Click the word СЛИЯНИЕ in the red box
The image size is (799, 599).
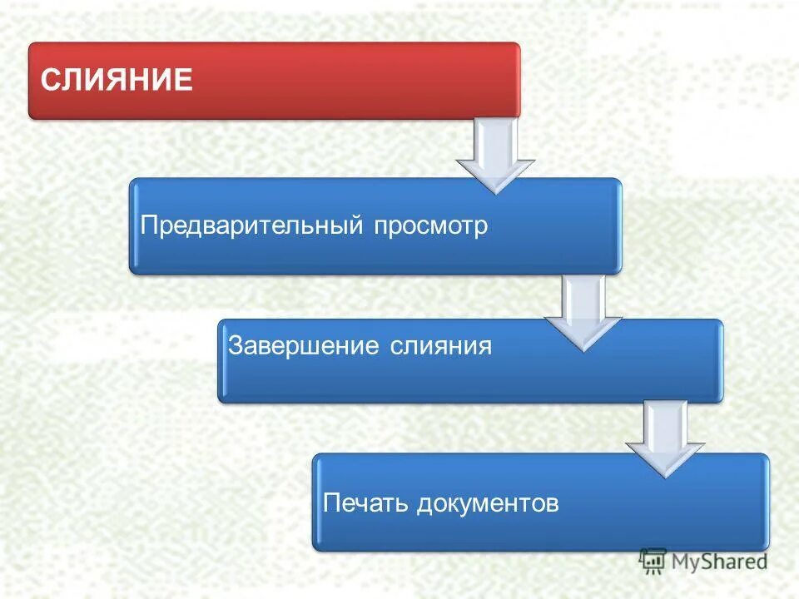tap(117, 81)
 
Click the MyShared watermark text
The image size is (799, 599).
tap(719, 561)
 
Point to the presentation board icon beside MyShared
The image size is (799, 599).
tap(653, 562)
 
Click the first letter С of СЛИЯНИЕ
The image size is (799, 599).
tap(49, 81)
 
